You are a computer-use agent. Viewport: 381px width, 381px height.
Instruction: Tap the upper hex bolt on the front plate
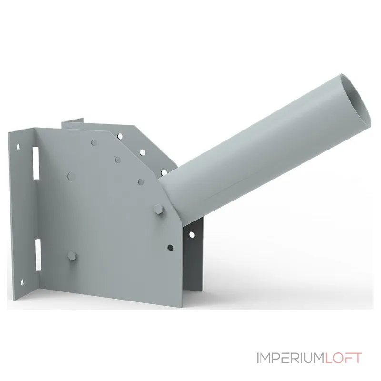[x=159, y=210]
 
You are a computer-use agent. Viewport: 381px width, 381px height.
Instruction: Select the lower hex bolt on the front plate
[x=72, y=256]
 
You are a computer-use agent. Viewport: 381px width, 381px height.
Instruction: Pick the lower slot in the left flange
[x=38, y=255]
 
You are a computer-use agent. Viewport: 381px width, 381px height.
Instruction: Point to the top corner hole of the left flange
[x=18, y=147]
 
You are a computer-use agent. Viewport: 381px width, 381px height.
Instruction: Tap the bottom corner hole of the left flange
[x=22, y=282]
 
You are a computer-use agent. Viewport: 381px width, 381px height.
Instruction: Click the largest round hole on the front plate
[x=71, y=177]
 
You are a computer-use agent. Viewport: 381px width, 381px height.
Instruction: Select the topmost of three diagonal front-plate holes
[x=94, y=143]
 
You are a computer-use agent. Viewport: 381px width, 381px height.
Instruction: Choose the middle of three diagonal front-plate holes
[x=118, y=160]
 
